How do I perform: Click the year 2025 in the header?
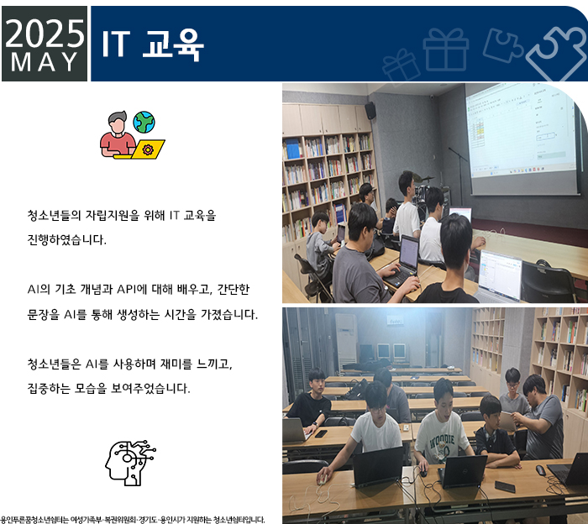pyautogui.click(x=45, y=34)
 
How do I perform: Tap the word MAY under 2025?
pyautogui.click(x=45, y=62)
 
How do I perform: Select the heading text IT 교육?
pyautogui.click(x=153, y=45)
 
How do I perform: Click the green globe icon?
pyautogui.click(x=144, y=123)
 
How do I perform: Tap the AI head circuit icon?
pyautogui.click(x=130, y=463)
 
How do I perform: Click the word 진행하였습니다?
pyautogui.click(x=66, y=239)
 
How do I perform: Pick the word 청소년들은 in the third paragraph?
pyautogui.click(x=54, y=364)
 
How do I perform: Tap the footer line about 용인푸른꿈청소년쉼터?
pyautogui.click(x=133, y=520)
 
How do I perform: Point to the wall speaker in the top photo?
pyautogui.click(x=370, y=111)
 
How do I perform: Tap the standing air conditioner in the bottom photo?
pyautogui.click(x=345, y=341)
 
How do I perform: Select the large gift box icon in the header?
pyautogui.click(x=446, y=49)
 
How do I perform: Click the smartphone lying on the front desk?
pyautogui.click(x=505, y=486)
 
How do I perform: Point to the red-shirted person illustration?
pyautogui.click(x=118, y=134)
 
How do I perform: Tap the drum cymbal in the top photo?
pyautogui.click(x=423, y=178)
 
